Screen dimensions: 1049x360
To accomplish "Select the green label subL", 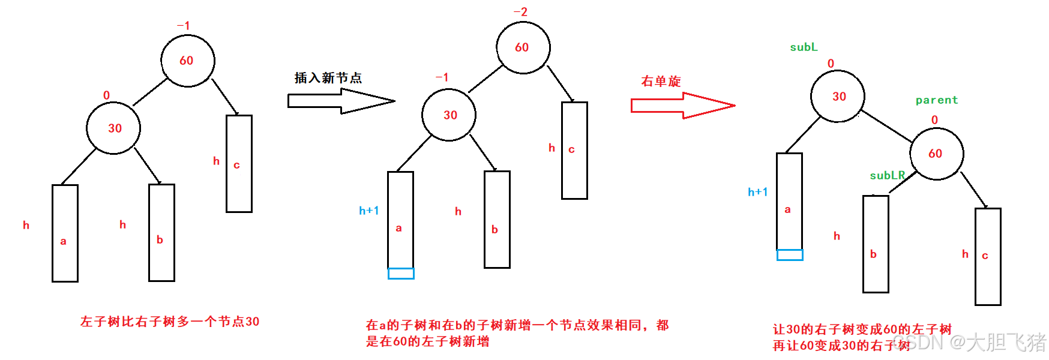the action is tap(804, 47).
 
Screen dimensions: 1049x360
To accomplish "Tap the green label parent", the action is tap(936, 100).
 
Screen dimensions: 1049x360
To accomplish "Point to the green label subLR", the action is tap(887, 175).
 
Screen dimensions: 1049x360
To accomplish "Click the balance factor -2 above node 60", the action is tap(520, 12).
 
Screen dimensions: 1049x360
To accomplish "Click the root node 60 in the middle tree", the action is tap(523, 48).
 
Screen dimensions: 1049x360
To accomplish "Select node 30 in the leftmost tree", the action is tap(113, 128).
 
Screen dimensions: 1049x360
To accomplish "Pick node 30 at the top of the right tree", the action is tap(838, 97).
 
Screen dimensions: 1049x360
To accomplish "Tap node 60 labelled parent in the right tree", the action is tap(936, 154).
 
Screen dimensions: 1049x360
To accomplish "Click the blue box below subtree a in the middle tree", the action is tap(401, 274).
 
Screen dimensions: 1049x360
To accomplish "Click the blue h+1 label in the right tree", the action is tap(757, 192).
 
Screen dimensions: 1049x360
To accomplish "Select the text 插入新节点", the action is tap(328, 78).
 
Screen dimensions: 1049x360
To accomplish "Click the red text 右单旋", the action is tap(661, 82).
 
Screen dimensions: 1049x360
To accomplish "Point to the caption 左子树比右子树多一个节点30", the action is tap(170, 322).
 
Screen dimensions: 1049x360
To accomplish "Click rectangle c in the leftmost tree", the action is tap(239, 164).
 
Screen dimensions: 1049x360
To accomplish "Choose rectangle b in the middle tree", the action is tap(497, 220).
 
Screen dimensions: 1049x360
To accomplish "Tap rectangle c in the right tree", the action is tap(988, 257).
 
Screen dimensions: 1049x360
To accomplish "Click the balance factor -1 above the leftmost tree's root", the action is tap(183, 26).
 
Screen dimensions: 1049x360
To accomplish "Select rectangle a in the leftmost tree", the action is tap(65, 233).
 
